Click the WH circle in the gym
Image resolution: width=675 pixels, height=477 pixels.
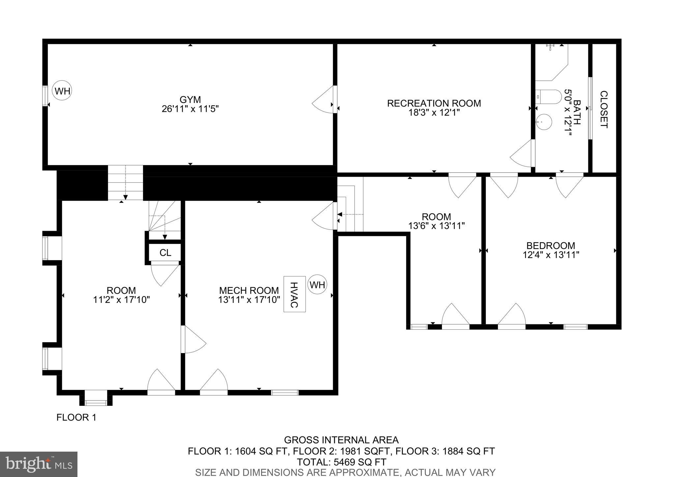click(62, 91)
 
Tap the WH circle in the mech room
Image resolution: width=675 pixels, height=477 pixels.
click(317, 284)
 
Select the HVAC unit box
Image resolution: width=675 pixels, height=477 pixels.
click(294, 294)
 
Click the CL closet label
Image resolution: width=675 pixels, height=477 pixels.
click(165, 253)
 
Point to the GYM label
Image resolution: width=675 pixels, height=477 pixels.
click(190, 100)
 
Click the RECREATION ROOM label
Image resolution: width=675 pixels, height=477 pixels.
click(434, 104)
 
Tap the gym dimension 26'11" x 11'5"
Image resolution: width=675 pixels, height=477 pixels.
click(190, 109)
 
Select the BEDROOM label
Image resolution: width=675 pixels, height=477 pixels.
click(550, 246)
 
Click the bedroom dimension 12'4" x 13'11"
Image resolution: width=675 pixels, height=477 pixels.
click(551, 255)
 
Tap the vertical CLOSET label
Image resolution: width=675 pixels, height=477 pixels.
click(603, 109)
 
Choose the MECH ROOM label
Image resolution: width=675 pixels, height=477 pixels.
click(249, 290)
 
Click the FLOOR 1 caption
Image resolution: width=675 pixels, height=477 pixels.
click(76, 418)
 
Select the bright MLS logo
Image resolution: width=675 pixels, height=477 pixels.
click(39, 464)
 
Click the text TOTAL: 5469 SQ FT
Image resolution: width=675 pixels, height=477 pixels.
click(341, 462)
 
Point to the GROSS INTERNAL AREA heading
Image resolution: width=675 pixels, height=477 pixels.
click(341, 440)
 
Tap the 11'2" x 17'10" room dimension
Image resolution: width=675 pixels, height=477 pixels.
click(122, 300)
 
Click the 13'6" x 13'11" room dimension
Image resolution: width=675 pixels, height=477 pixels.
click(436, 226)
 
